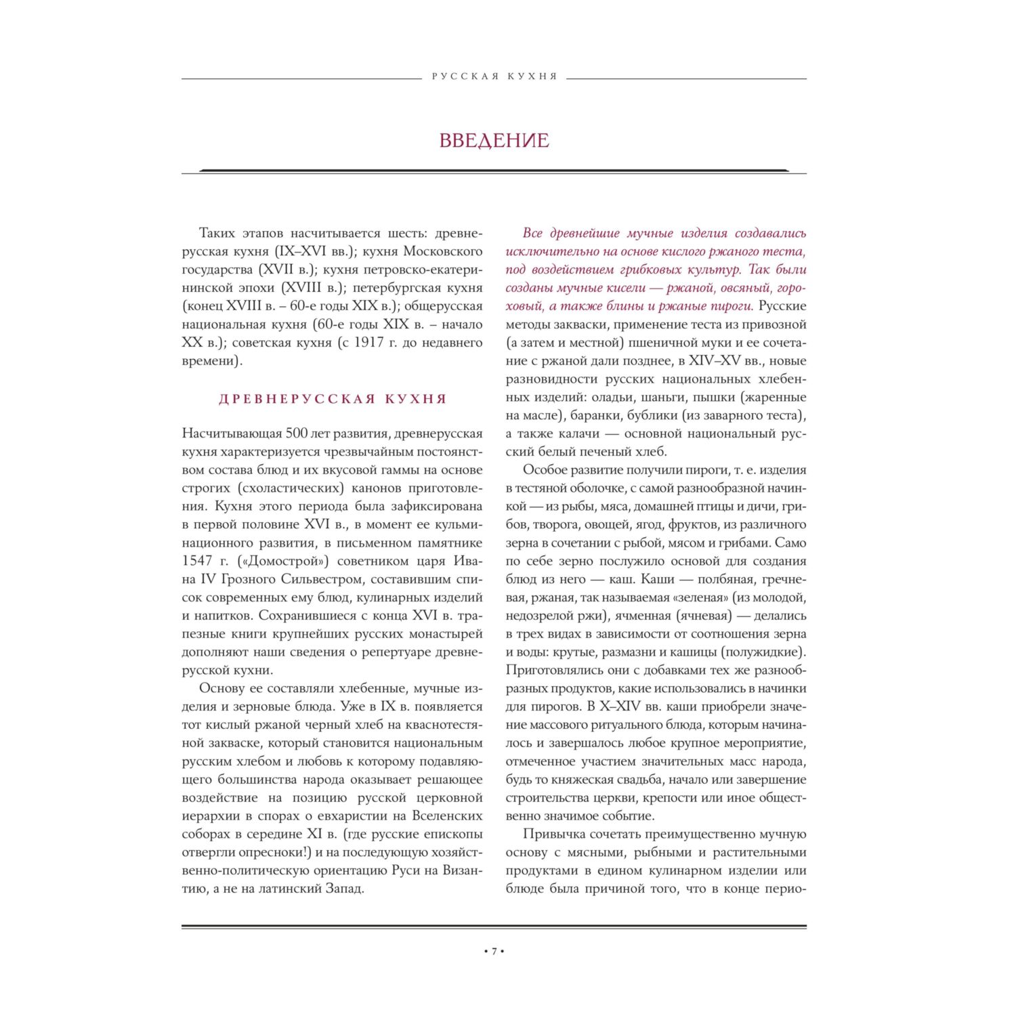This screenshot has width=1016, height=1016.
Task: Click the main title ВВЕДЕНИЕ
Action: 494,140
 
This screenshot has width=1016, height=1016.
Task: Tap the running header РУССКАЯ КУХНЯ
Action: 494,77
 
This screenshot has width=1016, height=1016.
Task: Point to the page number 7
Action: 494,951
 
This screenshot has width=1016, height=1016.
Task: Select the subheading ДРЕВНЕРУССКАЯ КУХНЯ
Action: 333,399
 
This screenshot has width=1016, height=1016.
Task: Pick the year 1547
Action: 197,561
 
